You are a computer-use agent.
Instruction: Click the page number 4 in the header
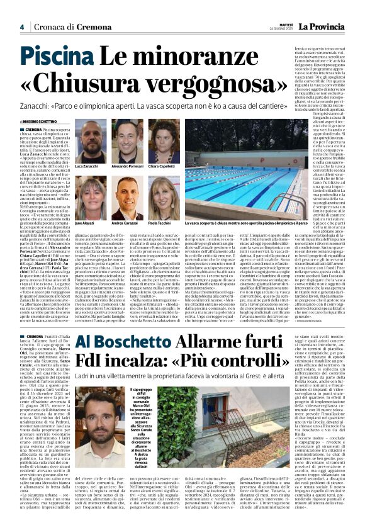[x=21, y=27]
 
